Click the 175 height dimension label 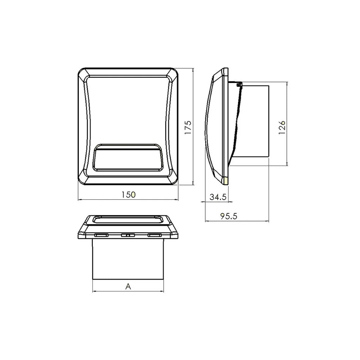pos(188,127)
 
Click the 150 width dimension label pos(128,194)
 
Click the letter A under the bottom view pos(128,286)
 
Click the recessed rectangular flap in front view pos(128,157)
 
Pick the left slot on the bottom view pos(101,235)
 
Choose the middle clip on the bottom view pos(128,235)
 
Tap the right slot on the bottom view pos(155,235)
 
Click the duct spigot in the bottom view pos(128,260)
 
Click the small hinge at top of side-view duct pos(238,85)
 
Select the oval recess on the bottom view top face pos(128,219)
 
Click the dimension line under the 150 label pos(128,200)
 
